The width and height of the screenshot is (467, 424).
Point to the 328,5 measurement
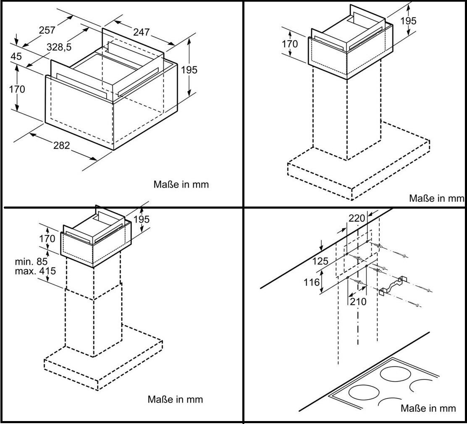(59, 48)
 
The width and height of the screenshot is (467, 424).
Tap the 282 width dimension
(61, 146)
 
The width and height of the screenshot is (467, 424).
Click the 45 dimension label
(16, 56)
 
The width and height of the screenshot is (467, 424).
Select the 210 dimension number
(358, 301)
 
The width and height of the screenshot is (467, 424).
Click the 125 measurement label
(321, 261)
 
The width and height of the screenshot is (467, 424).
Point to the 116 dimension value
(312, 282)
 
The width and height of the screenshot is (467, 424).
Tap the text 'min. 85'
(32, 262)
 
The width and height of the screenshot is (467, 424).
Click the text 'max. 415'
(35, 271)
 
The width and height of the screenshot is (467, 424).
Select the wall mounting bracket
(393, 286)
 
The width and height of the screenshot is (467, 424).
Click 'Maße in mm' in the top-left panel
(181, 184)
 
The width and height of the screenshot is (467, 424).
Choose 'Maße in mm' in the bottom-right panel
(428, 408)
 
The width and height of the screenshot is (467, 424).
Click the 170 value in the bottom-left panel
(47, 239)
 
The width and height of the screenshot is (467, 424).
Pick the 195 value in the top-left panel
(189, 70)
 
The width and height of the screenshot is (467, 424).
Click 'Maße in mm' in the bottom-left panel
(175, 399)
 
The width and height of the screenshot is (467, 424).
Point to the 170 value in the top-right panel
(289, 44)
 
